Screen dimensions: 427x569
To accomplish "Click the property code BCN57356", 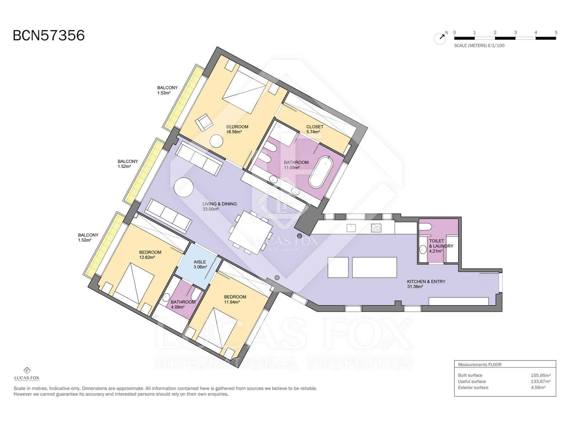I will [x=49, y=36].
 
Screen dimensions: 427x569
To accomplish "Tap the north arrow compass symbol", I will [x=440, y=38].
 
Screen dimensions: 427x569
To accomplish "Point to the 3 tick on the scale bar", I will [x=515, y=33].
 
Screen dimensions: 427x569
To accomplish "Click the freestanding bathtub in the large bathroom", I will [x=320, y=172].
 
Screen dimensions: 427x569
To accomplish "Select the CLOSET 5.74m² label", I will [x=315, y=129].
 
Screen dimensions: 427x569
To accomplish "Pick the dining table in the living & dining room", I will [x=250, y=232].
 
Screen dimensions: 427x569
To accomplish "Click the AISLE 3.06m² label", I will [x=200, y=264].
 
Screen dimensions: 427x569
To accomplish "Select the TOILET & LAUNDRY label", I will [x=441, y=246].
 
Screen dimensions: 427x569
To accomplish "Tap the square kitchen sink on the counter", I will [x=351, y=227].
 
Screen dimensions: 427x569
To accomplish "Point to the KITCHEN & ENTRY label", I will [x=426, y=284].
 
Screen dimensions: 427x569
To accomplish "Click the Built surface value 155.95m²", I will [x=541, y=375].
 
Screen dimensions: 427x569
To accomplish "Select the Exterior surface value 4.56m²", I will [x=538, y=388].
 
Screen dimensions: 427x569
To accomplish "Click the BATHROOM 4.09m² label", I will [x=183, y=305].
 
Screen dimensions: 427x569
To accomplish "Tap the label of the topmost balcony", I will [x=167, y=90].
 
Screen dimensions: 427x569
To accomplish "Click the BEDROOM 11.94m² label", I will [x=235, y=299].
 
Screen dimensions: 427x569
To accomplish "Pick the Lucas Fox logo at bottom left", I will [x=27, y=374].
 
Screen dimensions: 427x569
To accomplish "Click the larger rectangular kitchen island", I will [x=374, y=267].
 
